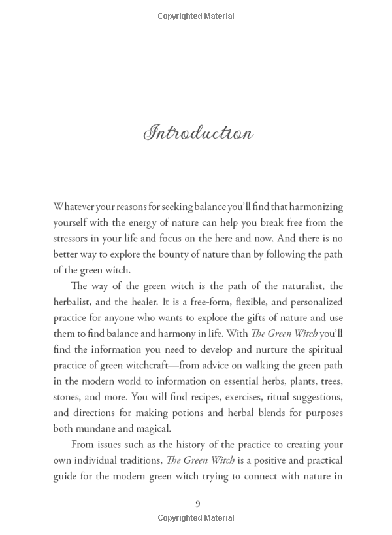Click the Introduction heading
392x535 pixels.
(x=199, y=133)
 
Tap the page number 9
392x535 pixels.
(x=198, y=503)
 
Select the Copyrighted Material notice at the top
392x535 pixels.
(x=196, y=16)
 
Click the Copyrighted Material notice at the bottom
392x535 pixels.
(x=196, y=519)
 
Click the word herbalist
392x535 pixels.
(x=74, y=302)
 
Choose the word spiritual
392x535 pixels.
(x=322, y=349)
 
